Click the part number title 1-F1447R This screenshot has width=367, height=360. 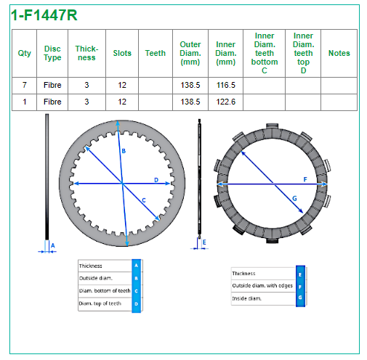(x=44, y=15)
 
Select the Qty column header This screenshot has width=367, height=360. (x=25, y=54)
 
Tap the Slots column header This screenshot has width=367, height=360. (x=122, y=53)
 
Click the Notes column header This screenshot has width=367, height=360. (x=339, y=53)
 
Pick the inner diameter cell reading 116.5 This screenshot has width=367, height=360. (x=226, y=85)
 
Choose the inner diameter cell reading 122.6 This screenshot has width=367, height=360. (x=226, y=102)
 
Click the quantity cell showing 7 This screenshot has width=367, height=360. (x=25, y=85)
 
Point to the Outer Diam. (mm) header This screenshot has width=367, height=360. (x=190, y=53)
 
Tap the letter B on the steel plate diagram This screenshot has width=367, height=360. (x=124, y=151)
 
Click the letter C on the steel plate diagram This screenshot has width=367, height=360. (x=144, y=200)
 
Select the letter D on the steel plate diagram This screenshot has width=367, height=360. (x=156, y=180)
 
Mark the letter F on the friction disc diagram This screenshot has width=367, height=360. (x=305, y=179)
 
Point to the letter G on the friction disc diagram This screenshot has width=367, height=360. (x=294, y=198)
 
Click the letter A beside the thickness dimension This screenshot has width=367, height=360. (x=53, y=246)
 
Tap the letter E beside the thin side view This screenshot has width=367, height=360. (x=204, y=242)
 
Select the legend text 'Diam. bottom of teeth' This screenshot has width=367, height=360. (x=105, y=290)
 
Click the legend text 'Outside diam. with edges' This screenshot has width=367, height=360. (x=262, y=286)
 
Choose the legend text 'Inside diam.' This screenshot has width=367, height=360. (x=246, y=298)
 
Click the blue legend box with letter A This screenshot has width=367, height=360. (x=136, y=266)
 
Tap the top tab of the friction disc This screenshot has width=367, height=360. (x=272, y=126)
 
